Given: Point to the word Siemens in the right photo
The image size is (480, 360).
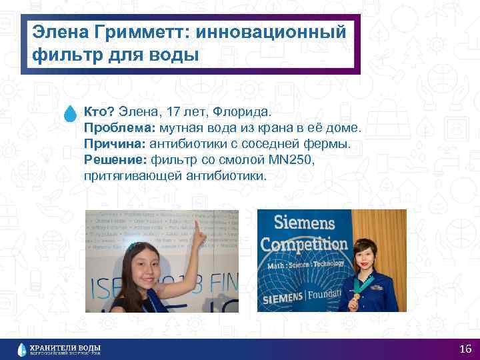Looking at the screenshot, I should [x=303, y=224].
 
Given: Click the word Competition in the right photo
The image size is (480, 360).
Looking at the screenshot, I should [x=304, y=243].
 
